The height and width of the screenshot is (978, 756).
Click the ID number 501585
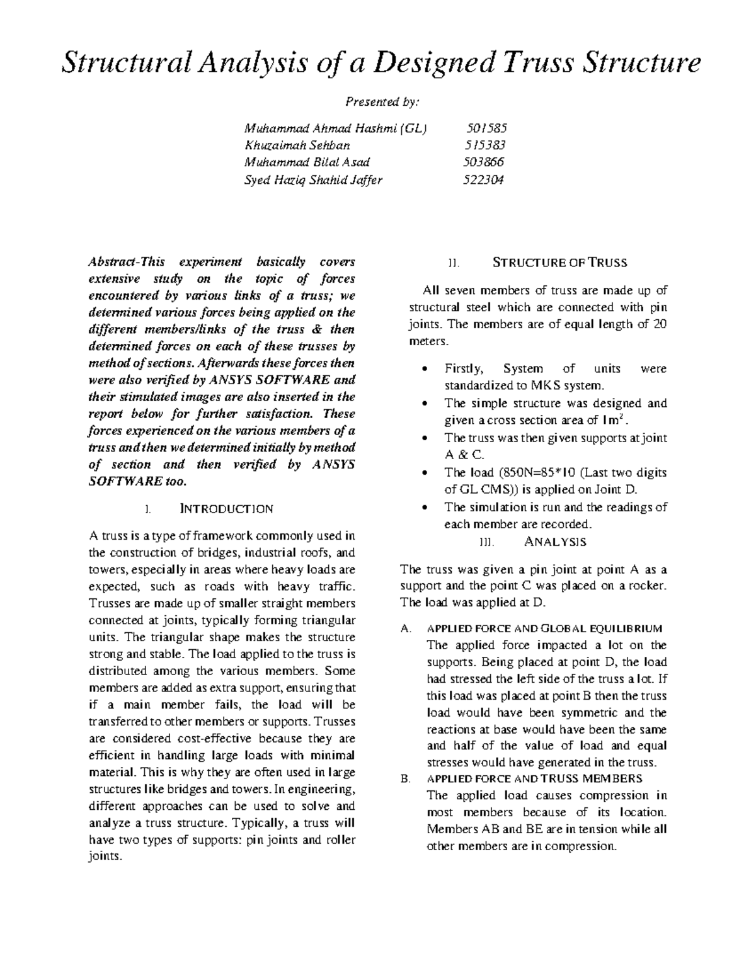[x=486, y=128]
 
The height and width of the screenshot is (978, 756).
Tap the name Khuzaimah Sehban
[x=297, y=145]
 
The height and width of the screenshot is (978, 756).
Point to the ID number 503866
[x=483, y=162]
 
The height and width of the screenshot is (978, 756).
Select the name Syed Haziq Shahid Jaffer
[x=313, y=179]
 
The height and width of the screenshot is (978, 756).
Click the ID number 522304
[x=483, y=179]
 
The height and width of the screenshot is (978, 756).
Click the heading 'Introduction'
[x=227, y=509]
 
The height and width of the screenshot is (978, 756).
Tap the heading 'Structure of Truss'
[x=559, y=263]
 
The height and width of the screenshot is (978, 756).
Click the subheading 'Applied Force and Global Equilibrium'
[x=544, y=628]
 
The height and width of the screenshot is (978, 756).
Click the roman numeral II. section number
[x=452, y=263]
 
